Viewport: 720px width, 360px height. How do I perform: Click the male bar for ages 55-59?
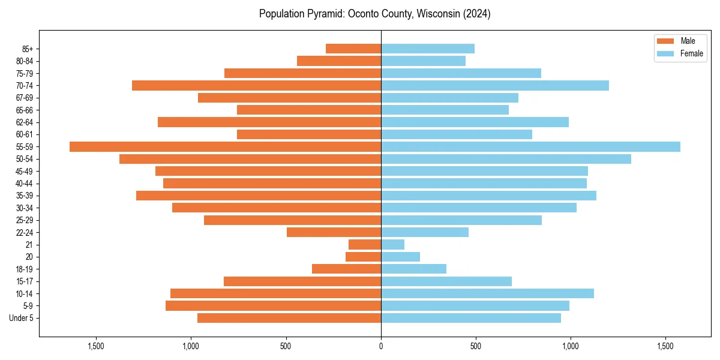click(x=225, y=146)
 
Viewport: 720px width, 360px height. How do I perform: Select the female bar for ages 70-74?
click(x=494, y=85)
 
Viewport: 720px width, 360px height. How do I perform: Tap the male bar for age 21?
click(x=365, y=244)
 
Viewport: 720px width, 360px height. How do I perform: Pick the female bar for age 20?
click(x=400, y=257)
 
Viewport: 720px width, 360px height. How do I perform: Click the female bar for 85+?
click(x=427, y=49)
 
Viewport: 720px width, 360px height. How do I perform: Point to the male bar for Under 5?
click(x=289, y=318)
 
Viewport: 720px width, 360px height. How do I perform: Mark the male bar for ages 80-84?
click(x=339, y=61)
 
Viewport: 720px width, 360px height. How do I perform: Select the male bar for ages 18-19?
click(x=346, y=269)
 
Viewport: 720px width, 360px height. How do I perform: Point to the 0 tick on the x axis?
click(x=381, y=346)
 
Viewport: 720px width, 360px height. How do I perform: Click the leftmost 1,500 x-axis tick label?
click(x=96, y=346)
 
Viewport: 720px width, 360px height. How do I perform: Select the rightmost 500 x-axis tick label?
click(x=476, y=346)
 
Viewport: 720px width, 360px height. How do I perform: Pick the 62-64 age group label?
click(x=25, y=122)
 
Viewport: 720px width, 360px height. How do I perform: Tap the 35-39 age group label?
click(x=25, y=196)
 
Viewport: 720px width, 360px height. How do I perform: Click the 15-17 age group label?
click(x=25, y=281)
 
